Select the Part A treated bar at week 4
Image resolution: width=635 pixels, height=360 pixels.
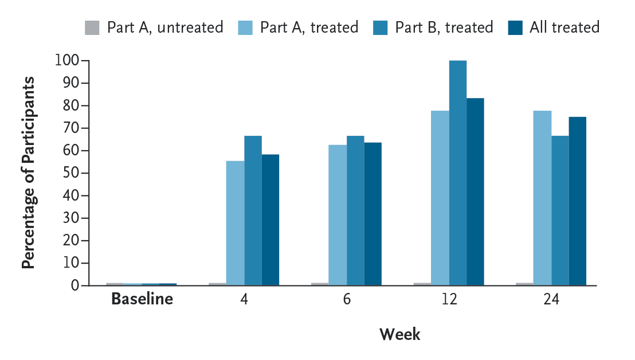[x=235, y=223]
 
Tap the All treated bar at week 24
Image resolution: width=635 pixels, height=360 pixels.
[x=578, y=201]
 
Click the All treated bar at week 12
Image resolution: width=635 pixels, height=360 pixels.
[x=475, y=191]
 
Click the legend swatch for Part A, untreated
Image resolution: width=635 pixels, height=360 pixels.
[x=92, y=27]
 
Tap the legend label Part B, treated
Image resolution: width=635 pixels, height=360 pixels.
[x=444, y=27]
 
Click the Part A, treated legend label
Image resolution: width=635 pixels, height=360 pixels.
[x=309, y=27]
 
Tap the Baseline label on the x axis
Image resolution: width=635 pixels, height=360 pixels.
[x=142, y=299]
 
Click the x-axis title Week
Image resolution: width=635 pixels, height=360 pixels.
[x=399, y=334]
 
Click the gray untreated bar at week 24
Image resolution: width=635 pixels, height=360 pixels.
[x=524, y=284]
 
